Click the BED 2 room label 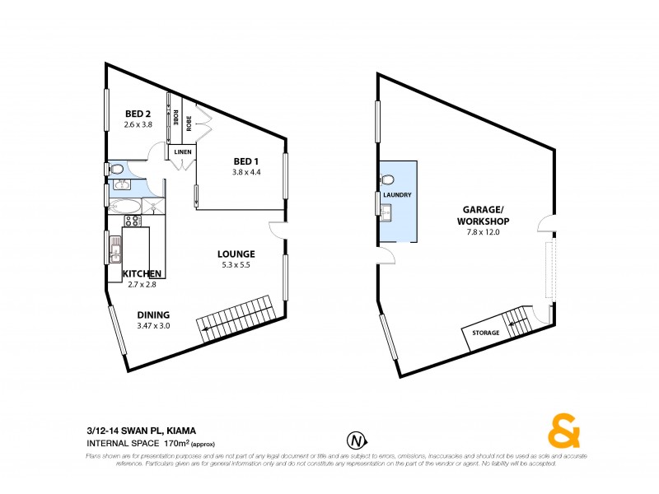138,114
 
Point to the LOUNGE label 236,254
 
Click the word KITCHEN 142,273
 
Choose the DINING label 153,315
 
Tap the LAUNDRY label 397,195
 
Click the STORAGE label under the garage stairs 486,333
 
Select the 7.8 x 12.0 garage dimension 484,233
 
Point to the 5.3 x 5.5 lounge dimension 236,265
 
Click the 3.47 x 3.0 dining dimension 153,325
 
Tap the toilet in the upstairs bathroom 118,170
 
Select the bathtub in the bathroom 126,206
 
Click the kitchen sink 116,249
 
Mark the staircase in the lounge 236,317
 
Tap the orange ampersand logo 564,431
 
